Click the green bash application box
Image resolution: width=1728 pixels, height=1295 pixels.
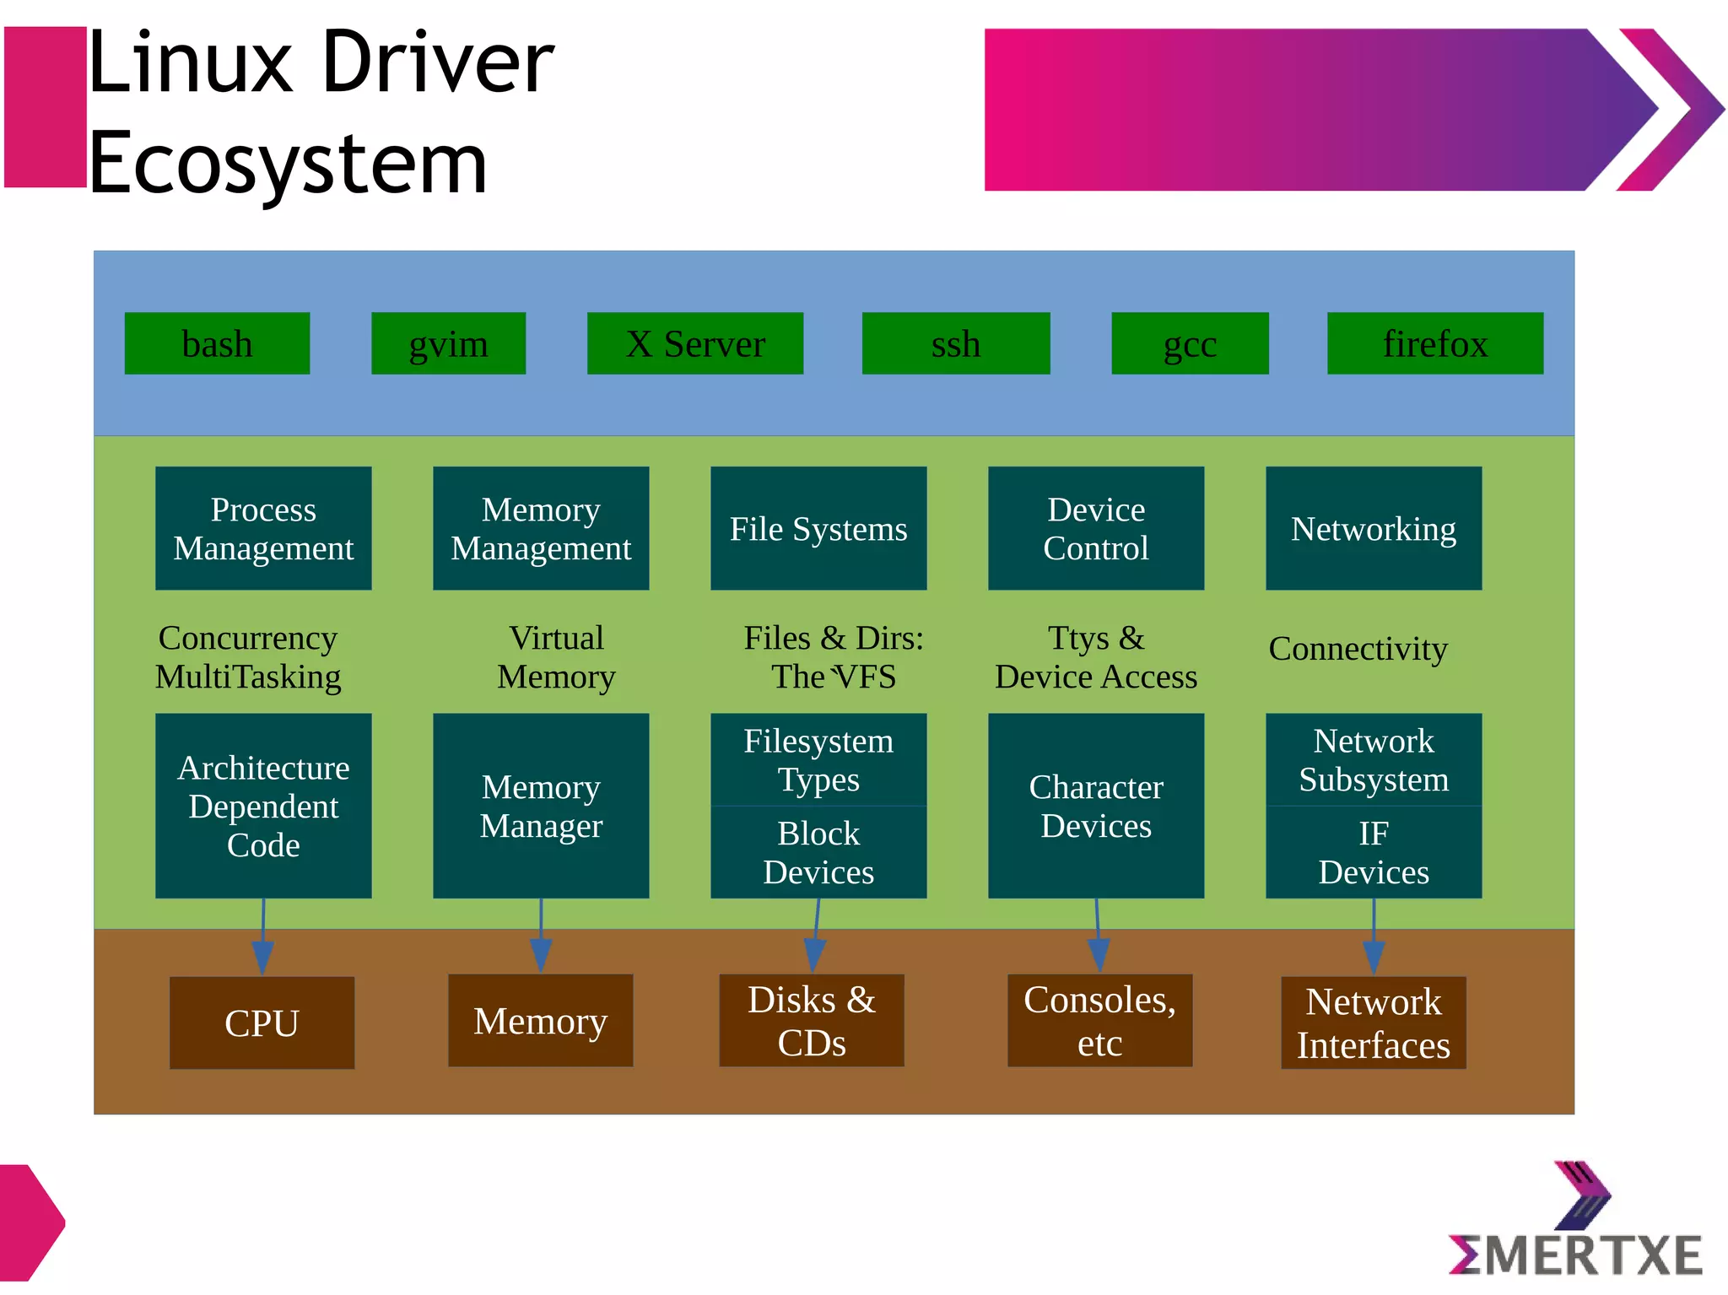click(217, 343)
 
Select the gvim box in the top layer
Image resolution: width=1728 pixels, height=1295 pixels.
click(448, 343)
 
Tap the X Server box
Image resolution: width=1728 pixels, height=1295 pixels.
click(694, 343)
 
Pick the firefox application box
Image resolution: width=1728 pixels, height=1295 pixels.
click(1434, 343)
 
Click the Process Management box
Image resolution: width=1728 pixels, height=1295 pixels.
click(263, 528)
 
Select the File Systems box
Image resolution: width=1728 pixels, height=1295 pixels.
click(818, 528)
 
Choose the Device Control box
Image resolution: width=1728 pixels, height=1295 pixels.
click(1095, 528)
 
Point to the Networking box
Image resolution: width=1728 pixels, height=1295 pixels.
click(1373, 528)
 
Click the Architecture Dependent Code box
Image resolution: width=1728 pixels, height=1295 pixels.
click(263, 806)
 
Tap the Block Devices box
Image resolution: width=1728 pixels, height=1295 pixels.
click(818, 852)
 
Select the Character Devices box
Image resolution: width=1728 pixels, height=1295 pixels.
click(1095, 806)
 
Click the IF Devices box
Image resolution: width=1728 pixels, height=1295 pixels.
click(1373, 852)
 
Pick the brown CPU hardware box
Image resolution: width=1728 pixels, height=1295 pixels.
click(262, 1023)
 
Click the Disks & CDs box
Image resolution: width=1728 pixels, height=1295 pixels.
click(811, 1021)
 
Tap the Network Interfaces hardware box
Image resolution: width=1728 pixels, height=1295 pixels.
click(1373, 1023)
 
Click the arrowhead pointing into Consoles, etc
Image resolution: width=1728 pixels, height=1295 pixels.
click(1099, 955)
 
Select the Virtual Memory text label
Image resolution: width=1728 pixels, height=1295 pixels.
click(556, 657)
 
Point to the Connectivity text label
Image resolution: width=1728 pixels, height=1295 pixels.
click(1358, 649)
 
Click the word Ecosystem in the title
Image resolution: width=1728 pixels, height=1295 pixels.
click(287, 163)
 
